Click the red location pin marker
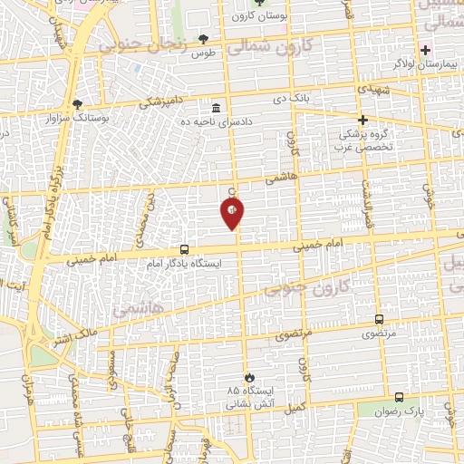click(233, 214)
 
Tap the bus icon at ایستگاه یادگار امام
click(185, 249)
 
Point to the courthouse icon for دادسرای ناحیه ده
click(216, 108)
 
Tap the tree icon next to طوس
click(204, 38)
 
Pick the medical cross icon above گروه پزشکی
click(362, 120)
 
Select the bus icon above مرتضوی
click(379, 320)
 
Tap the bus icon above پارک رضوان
click(399, 397)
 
